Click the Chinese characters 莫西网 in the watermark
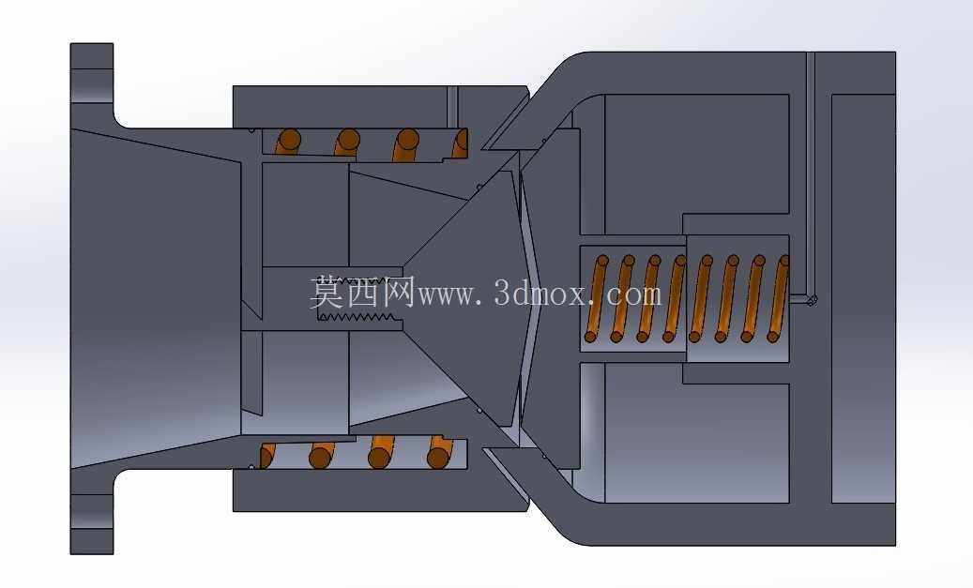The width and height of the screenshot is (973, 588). (x=362, y=293)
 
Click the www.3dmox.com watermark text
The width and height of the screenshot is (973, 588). (x=540, y=294)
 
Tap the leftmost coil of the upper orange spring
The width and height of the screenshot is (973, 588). (x=287, y=142)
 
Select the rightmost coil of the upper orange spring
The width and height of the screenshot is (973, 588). (x=459, y=143)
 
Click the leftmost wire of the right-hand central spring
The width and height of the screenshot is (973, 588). (x=596, y=299)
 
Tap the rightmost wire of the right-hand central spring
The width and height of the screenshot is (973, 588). (x=778, y=299)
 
